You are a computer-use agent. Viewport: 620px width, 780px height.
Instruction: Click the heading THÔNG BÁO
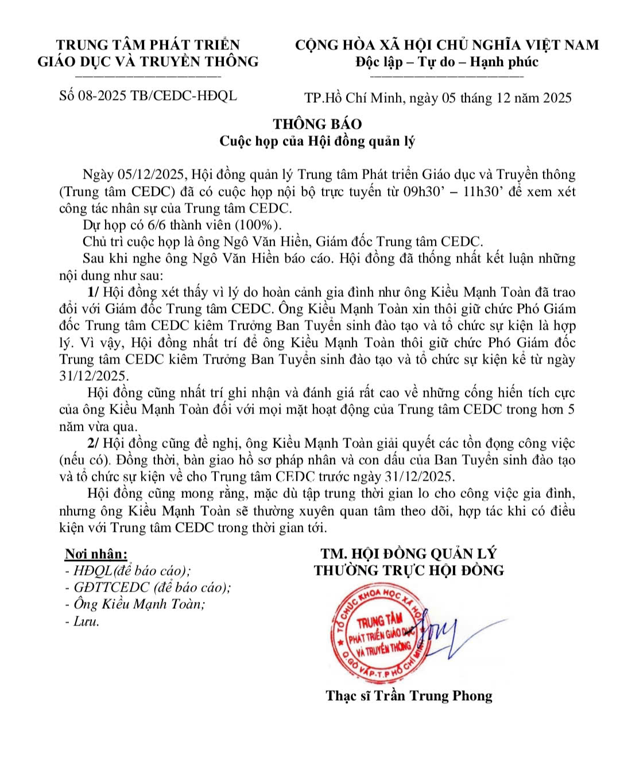point(317,124)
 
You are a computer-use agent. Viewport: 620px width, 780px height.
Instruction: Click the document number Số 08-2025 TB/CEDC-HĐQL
point(148,95)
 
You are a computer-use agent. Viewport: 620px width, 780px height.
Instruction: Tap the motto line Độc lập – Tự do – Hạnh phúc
point(447,61)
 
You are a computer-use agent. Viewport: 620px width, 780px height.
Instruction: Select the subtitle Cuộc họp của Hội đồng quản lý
point(317,141)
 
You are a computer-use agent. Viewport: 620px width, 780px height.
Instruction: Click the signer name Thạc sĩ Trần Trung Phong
point(409,696)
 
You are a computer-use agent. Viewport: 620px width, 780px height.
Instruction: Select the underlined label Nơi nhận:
point(96,554)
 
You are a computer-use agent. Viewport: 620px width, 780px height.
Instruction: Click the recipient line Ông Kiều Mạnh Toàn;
point(135,604)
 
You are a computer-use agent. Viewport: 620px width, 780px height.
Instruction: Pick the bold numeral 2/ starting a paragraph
point(93,443)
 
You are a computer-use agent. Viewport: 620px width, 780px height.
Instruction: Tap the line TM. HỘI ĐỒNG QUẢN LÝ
point(408,554)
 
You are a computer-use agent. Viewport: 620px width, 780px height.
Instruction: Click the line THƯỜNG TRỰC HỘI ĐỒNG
point(408,570)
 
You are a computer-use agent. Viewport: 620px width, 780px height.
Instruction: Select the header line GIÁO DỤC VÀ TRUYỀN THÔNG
point(148,61)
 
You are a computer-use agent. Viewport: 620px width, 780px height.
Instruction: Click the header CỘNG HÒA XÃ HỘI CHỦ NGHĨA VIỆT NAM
point(447,45)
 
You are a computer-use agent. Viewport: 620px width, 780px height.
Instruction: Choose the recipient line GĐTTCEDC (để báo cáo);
point(148,588)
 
